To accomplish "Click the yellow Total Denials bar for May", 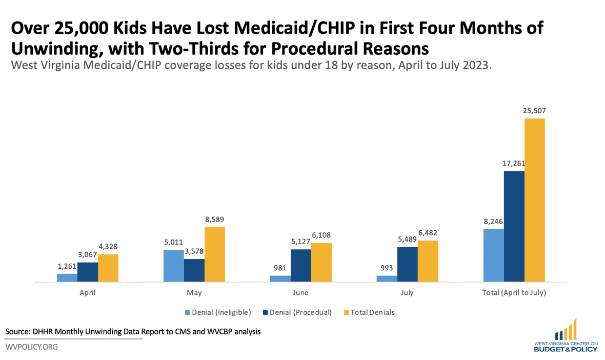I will tap(214, 254).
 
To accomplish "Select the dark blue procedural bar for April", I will tap(88, 272).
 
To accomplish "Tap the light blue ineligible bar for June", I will tap(280, 278).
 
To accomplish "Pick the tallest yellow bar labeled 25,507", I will tap(535, 200).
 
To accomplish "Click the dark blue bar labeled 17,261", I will tap(514, 226).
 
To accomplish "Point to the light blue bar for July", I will tap(387, 278).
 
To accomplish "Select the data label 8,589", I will tap(214, 219).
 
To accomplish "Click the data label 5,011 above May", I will tap(173, 243).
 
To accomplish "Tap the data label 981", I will tap(280, 268).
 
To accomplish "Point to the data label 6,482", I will tap(428, 233).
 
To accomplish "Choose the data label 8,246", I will tap(493, 222).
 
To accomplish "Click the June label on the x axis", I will tap(300, 293).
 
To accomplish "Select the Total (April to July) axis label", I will tap(514, 293).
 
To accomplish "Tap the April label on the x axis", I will tap(88, 293).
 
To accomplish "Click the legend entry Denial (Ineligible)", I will tap(221, 312).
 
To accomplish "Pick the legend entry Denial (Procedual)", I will tap(300, 312).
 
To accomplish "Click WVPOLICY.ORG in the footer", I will tap(32, 347).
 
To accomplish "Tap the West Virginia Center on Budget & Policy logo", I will tap(565, 336).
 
